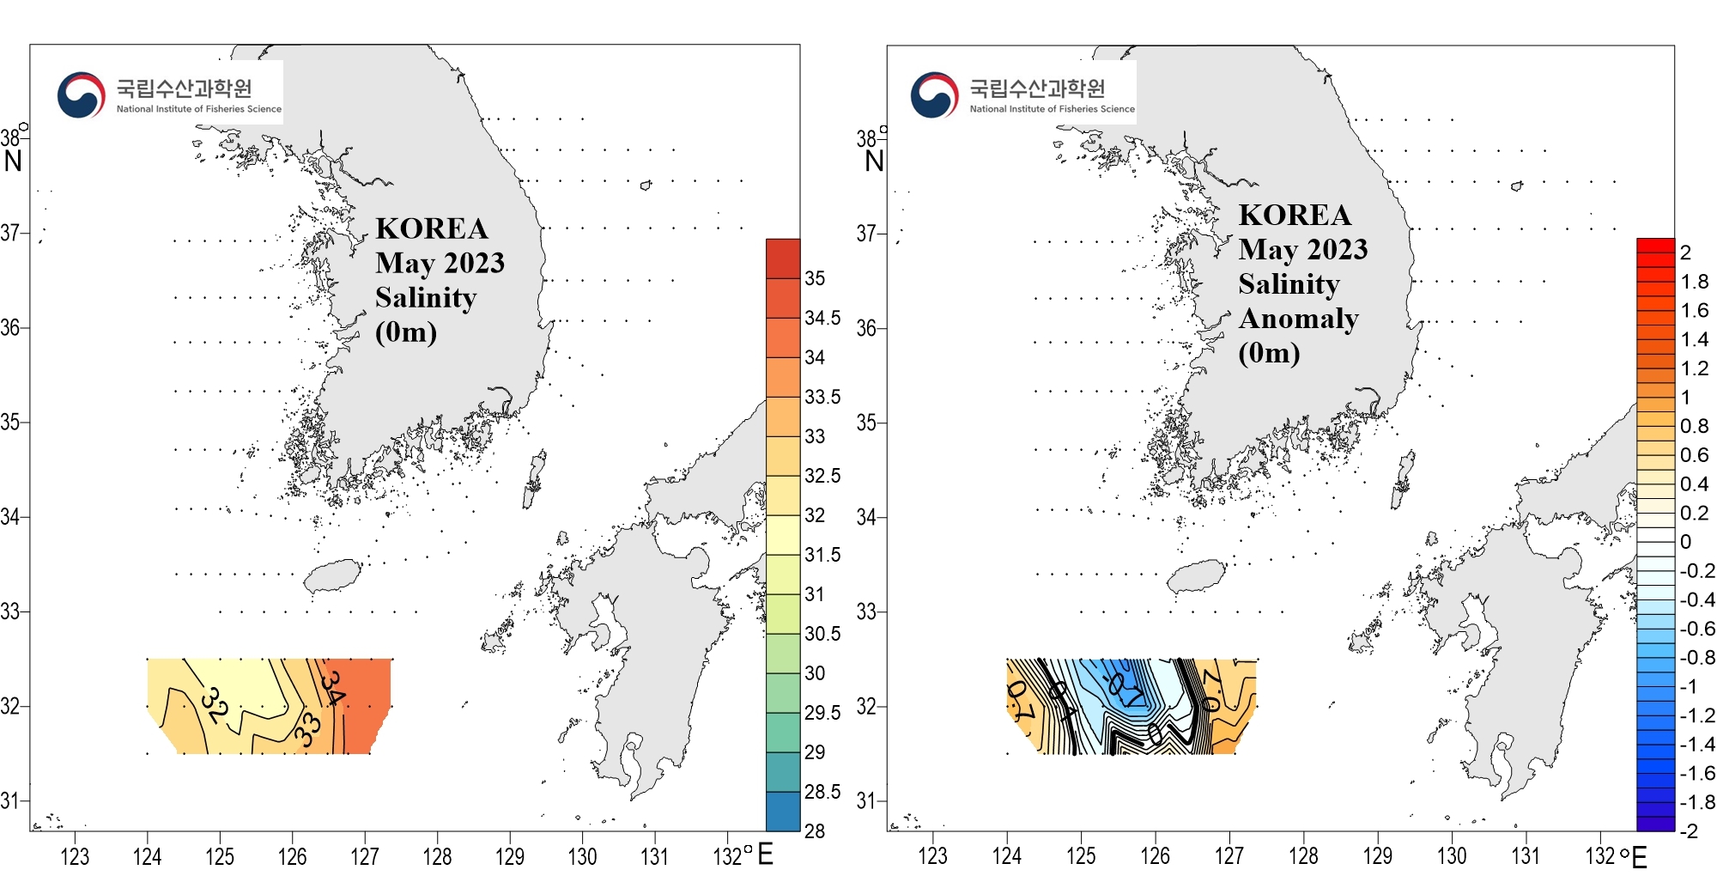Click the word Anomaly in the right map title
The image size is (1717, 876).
pos(1298,319)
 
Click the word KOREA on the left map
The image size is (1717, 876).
pos(432,228)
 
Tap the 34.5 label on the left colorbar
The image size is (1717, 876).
pos(822,318)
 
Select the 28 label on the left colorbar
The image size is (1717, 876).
pos(814,830)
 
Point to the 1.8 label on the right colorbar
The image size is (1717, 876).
pos(1695,282)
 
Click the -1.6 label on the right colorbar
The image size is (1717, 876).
pos(1697,773)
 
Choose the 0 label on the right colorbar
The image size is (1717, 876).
pos(1686,542)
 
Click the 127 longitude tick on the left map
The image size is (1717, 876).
pos(365,856)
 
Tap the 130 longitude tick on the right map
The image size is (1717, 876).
pos(1452,856)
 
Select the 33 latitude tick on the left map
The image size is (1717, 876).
pos(10,611)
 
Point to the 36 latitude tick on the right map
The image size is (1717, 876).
pos(866,328)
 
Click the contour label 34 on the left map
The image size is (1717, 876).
pos(333,687)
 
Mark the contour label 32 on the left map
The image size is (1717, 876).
pos(215,705)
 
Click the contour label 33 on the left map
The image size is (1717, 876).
pos(307,728)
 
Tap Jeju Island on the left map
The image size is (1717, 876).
pos(333,576)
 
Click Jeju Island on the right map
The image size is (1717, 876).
pos(1195,576)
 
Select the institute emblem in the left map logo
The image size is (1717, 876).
pos(81,94)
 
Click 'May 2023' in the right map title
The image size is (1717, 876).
pos(1303,249)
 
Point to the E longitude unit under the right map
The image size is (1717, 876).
pos(1639,857)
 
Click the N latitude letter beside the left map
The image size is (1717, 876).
pos(13,161)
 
